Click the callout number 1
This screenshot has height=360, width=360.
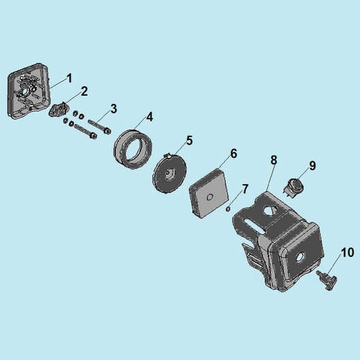tap(69, 78)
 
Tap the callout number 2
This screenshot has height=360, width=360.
tap(84, 92)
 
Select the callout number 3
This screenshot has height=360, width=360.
tap(113, 109)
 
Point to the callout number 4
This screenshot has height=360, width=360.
tap(149, 117)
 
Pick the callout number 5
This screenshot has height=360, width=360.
tap(190, 141)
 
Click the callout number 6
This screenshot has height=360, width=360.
tap(234, 154)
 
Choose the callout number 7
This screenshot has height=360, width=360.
tap(245, 189)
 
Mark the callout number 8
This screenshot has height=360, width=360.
tap(274, 160)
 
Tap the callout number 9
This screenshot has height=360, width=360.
tap(312, 166)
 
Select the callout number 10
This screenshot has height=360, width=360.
tap(348, 253)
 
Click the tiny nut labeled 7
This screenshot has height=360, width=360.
tap(228, 209)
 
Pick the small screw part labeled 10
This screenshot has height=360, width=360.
tap(327, 279)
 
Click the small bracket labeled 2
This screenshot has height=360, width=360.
tap(58, 110)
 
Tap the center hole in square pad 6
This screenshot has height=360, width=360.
tap(210, 197)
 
